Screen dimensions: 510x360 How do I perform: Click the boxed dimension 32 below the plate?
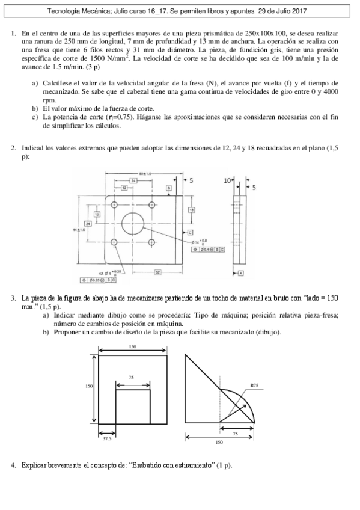pyautogui.click(x=157, y=272)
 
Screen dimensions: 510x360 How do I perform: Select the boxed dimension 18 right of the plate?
pyautogui.click(x=191, y=209)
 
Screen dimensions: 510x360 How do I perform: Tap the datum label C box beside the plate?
pyautogui.click(x=190, y=232)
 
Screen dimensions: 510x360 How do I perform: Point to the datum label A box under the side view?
pyautogui.click(x=241, y=274)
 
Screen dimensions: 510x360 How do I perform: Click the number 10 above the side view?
pyautogui.click(x=227, y=180)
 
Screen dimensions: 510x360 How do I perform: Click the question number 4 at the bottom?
pyautogui.click(x=13, y=465)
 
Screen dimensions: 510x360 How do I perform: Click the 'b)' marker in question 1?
pyautogui.click(x=35, y=108)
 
